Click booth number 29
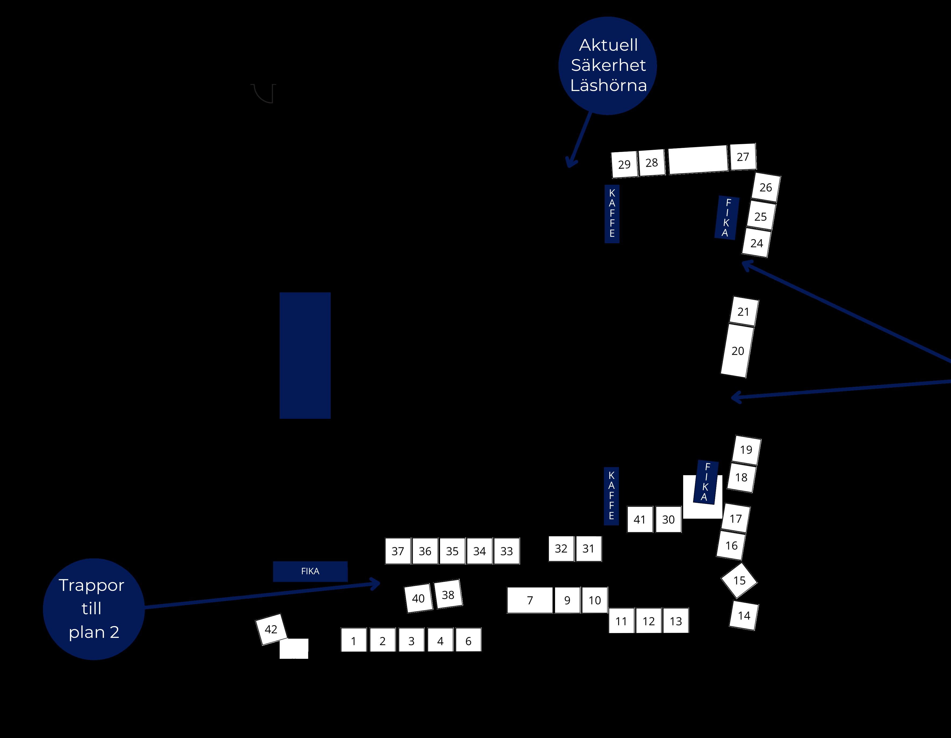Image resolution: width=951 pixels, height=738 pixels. [624, 165]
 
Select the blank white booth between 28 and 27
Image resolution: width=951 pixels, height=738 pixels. [698, 160]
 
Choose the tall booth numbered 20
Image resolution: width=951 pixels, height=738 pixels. [737, 351]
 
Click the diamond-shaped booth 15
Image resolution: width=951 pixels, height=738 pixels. [739, 580]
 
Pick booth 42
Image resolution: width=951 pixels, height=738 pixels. [271, 629]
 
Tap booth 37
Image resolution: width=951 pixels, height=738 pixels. [398, 551]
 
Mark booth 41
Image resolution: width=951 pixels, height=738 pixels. [640, 519]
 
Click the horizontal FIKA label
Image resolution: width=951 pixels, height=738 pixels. [310, 571]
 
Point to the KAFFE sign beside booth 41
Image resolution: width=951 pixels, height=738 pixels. [611, 496]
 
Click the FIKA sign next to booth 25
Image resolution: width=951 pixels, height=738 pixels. [726, 217]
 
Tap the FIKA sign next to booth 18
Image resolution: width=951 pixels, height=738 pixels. [706, 482]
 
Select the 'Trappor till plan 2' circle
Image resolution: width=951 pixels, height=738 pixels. [93, 609]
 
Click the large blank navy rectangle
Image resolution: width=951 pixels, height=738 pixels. [305, 355]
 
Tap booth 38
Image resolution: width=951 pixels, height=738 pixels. [448, 594]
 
